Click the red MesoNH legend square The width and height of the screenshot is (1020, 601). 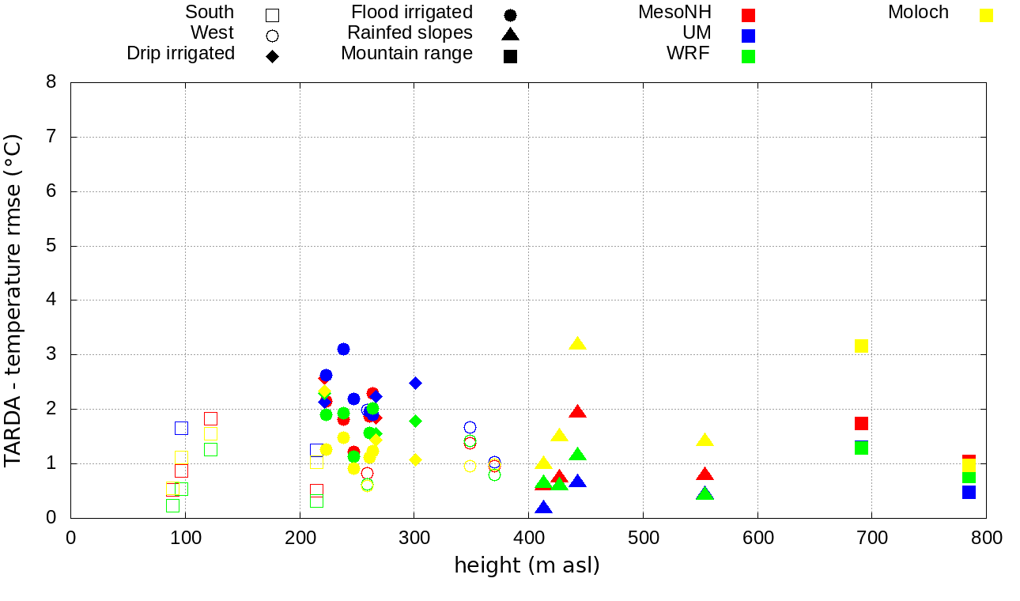(x=748, y=15)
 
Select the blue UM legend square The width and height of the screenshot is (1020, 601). (x=748, y=36)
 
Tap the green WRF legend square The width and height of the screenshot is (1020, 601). (x=748, y=56)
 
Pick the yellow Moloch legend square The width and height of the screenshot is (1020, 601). (x=986, y=15)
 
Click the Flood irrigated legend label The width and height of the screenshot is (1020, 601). (x=412, y=13)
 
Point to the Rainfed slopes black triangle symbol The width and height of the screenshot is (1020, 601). (x=510, y=35)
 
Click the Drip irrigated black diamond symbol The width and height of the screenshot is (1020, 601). (x=272, y=56)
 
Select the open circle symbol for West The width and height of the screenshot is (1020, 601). (x=272, y=36)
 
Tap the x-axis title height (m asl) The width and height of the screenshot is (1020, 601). (x=527, y=566)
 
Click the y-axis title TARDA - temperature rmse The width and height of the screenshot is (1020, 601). (x=13, y=300)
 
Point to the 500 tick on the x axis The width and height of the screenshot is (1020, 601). (x=643, y=539)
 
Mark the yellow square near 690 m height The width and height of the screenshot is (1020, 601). (x=861, y=346)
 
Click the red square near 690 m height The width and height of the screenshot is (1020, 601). (x=861, y=423)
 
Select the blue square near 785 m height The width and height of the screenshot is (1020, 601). (x=969, y=492)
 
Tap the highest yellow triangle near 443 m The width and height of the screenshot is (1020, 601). (x=577, y=343)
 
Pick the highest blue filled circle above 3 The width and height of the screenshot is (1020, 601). (x=343, y=349)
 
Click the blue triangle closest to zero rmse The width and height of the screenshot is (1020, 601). (x=543, y=508)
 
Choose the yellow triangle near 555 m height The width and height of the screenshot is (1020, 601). (x=705, y=440)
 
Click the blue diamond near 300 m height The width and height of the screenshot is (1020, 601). (x=415, y=383)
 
